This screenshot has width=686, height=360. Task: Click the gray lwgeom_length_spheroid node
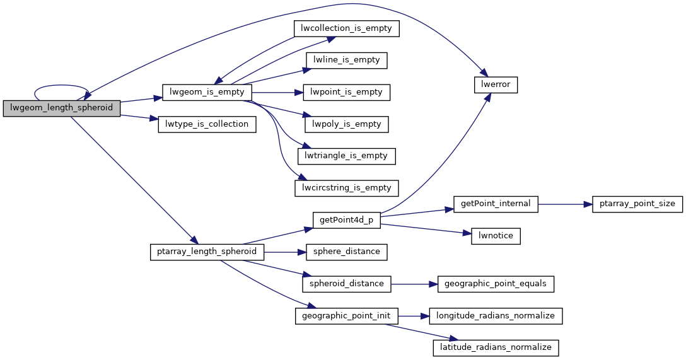[x=61, y=108]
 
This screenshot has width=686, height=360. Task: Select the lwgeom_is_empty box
[x=207, y=92]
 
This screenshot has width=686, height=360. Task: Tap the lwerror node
[x=496, y=84]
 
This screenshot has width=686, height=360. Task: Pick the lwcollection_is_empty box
[x=347, y=28]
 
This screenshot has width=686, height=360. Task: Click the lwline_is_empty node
[x=347, y=60]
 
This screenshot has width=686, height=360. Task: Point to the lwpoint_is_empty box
[x=347, y=92]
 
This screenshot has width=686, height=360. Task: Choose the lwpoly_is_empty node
[x=347, y=124]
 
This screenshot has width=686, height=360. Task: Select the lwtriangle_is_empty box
[x=347, y=156]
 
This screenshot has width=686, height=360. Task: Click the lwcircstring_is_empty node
[x=347, y=188]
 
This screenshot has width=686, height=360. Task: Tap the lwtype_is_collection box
[x=207, y=124]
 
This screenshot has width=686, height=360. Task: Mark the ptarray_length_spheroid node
[x=207, y=252]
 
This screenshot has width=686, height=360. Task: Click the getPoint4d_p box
[x=347, y=220]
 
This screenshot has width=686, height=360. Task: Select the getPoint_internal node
[x=496, y=204]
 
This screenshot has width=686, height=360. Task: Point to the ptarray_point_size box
[x=637, y=204]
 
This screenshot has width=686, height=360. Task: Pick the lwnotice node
[x=496, y=236]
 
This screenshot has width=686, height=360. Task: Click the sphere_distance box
[x=347, y=252]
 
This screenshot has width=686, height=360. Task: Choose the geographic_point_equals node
[x=496, y=284]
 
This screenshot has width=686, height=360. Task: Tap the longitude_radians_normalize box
[x=496, y=316]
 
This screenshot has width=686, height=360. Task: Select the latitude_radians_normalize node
[x=496, y=348]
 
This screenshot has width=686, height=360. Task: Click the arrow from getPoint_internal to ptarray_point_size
[x=565, y=204]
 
